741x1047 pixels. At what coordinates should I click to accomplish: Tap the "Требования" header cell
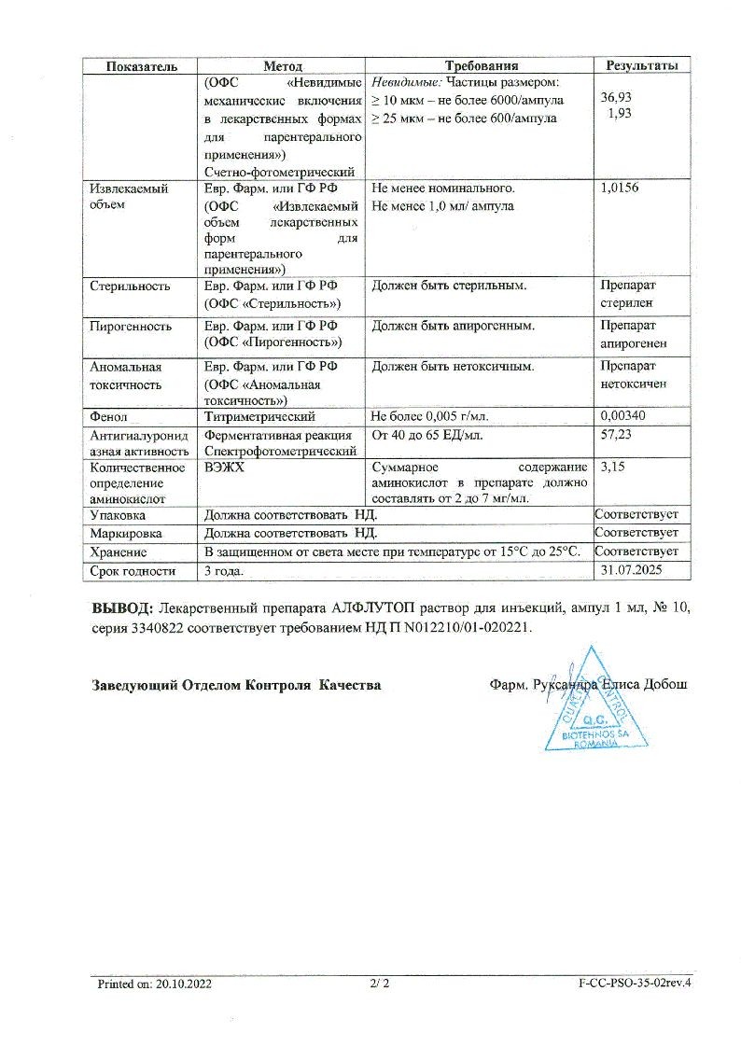click(x=481, y=65)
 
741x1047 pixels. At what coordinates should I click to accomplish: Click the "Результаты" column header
click(x=642, y=65)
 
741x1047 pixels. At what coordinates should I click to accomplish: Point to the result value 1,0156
click(x=621, y=188)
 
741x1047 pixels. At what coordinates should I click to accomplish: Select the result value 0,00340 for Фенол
click(x=623, y=416)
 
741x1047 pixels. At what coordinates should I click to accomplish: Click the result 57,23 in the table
click(x=617, y=435)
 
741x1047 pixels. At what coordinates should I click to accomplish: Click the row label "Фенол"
click(x=108, y=416)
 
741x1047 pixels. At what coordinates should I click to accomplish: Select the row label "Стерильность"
click(x=130, y=286)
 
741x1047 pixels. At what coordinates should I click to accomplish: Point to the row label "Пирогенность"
click(x=131, y=327)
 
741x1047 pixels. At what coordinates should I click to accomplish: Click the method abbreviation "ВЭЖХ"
click(x=224, y=467)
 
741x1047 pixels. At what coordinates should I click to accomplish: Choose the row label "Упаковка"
click(x=118, y=515)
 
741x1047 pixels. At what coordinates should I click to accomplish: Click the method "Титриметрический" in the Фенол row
click(x=259, y=416)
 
